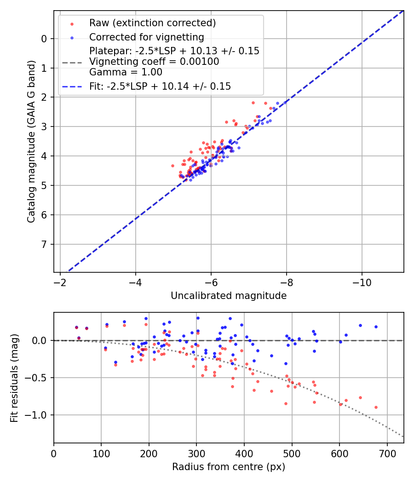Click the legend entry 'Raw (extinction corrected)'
152,23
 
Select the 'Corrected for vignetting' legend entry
147,37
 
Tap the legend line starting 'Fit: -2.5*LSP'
160,86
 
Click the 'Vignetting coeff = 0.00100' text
154,62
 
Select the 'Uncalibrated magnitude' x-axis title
229,296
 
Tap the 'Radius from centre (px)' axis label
229,467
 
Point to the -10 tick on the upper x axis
362,281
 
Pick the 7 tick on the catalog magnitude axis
44,244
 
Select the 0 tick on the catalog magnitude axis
44,39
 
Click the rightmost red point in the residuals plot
376,407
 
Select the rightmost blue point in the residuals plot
376,327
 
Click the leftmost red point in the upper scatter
172,166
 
